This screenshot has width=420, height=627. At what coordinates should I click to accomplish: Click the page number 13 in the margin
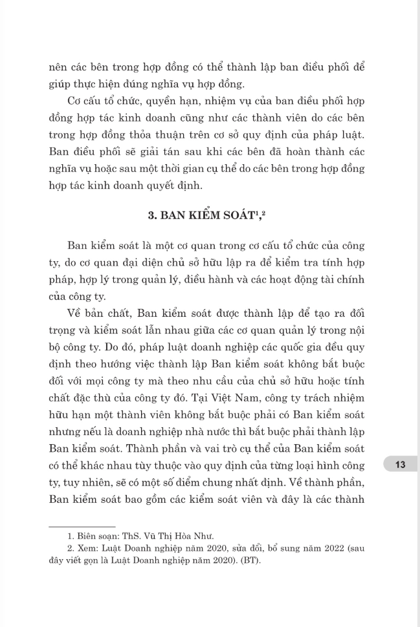coord(399,464)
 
